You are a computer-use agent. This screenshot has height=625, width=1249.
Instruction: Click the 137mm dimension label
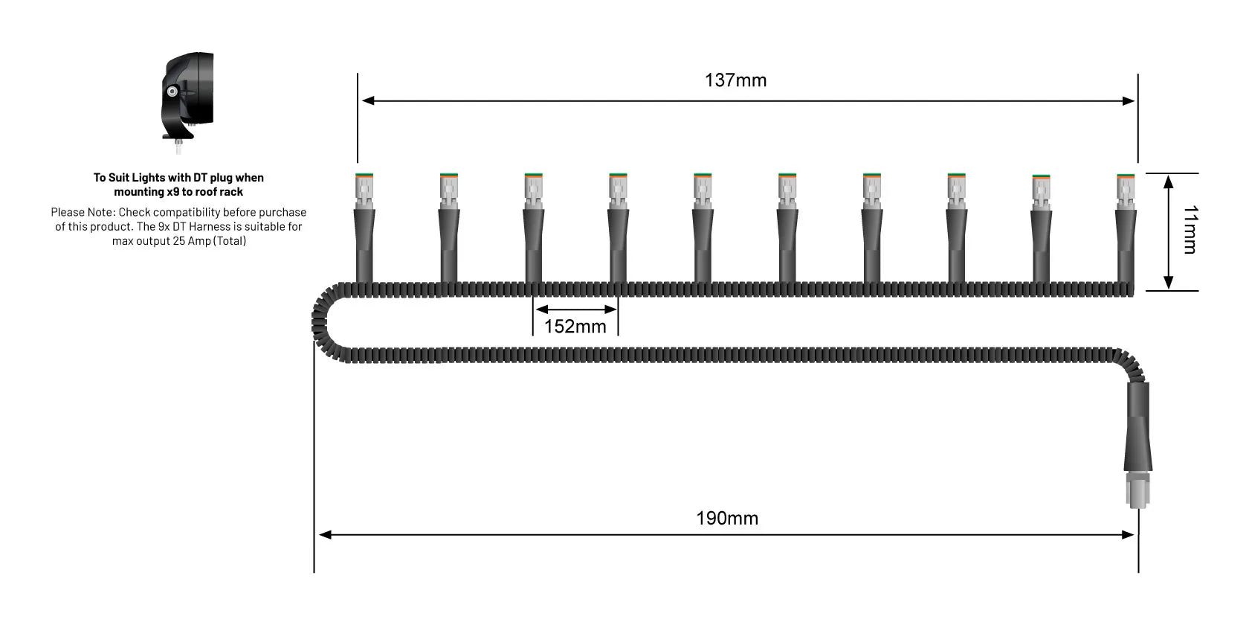pos(735,80)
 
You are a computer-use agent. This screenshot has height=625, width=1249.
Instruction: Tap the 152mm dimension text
pos(575,327)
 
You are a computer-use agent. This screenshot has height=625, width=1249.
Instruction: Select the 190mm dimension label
pos(727,519)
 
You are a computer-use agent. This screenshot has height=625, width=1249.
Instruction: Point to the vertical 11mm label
pos(1190,230)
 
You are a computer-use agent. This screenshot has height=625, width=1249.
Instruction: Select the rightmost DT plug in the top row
pos(1126,190)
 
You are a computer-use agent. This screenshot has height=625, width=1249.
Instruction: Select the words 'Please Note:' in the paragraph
pos(83,213)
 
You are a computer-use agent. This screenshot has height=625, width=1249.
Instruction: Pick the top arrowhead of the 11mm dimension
pos(1168,181)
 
